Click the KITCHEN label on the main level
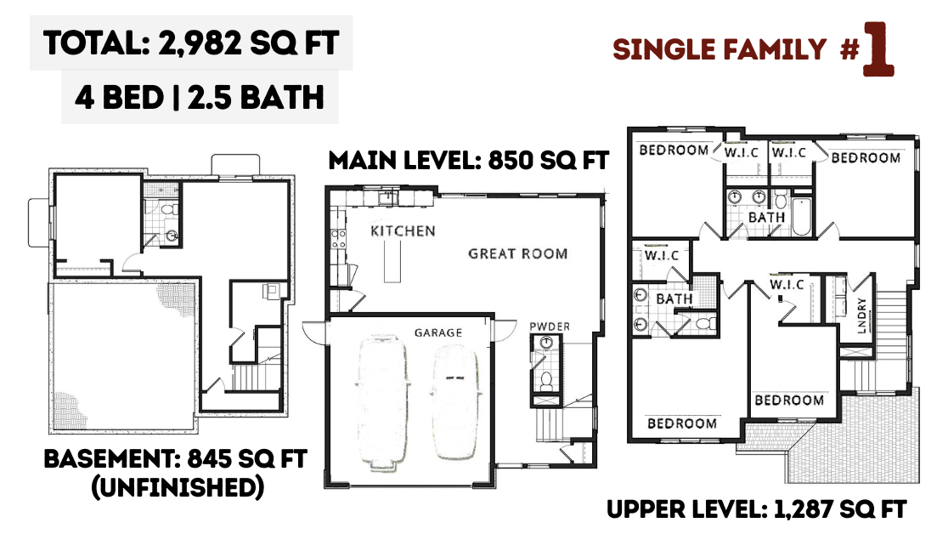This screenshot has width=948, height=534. (403, 230)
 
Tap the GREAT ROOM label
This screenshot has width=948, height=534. (518, 253)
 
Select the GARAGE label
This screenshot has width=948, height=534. (438, 332)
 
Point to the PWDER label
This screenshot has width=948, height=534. (550, 327)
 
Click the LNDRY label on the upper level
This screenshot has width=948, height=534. (861, 315)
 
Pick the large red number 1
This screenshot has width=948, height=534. (878, 49)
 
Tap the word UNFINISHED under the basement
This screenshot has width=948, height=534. (178, 487)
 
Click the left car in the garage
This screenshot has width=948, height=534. (383, 402)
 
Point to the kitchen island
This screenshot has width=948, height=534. (392, 261)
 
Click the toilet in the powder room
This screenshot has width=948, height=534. (546, 382)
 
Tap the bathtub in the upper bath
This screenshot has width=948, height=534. (801, 216)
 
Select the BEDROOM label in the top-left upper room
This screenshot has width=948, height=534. (674, 150)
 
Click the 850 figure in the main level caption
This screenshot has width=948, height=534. (511, 161)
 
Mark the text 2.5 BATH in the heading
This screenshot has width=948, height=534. (256, 98)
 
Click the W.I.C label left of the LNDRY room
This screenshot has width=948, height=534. (787, 284)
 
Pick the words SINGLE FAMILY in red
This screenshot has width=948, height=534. (719, 49)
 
